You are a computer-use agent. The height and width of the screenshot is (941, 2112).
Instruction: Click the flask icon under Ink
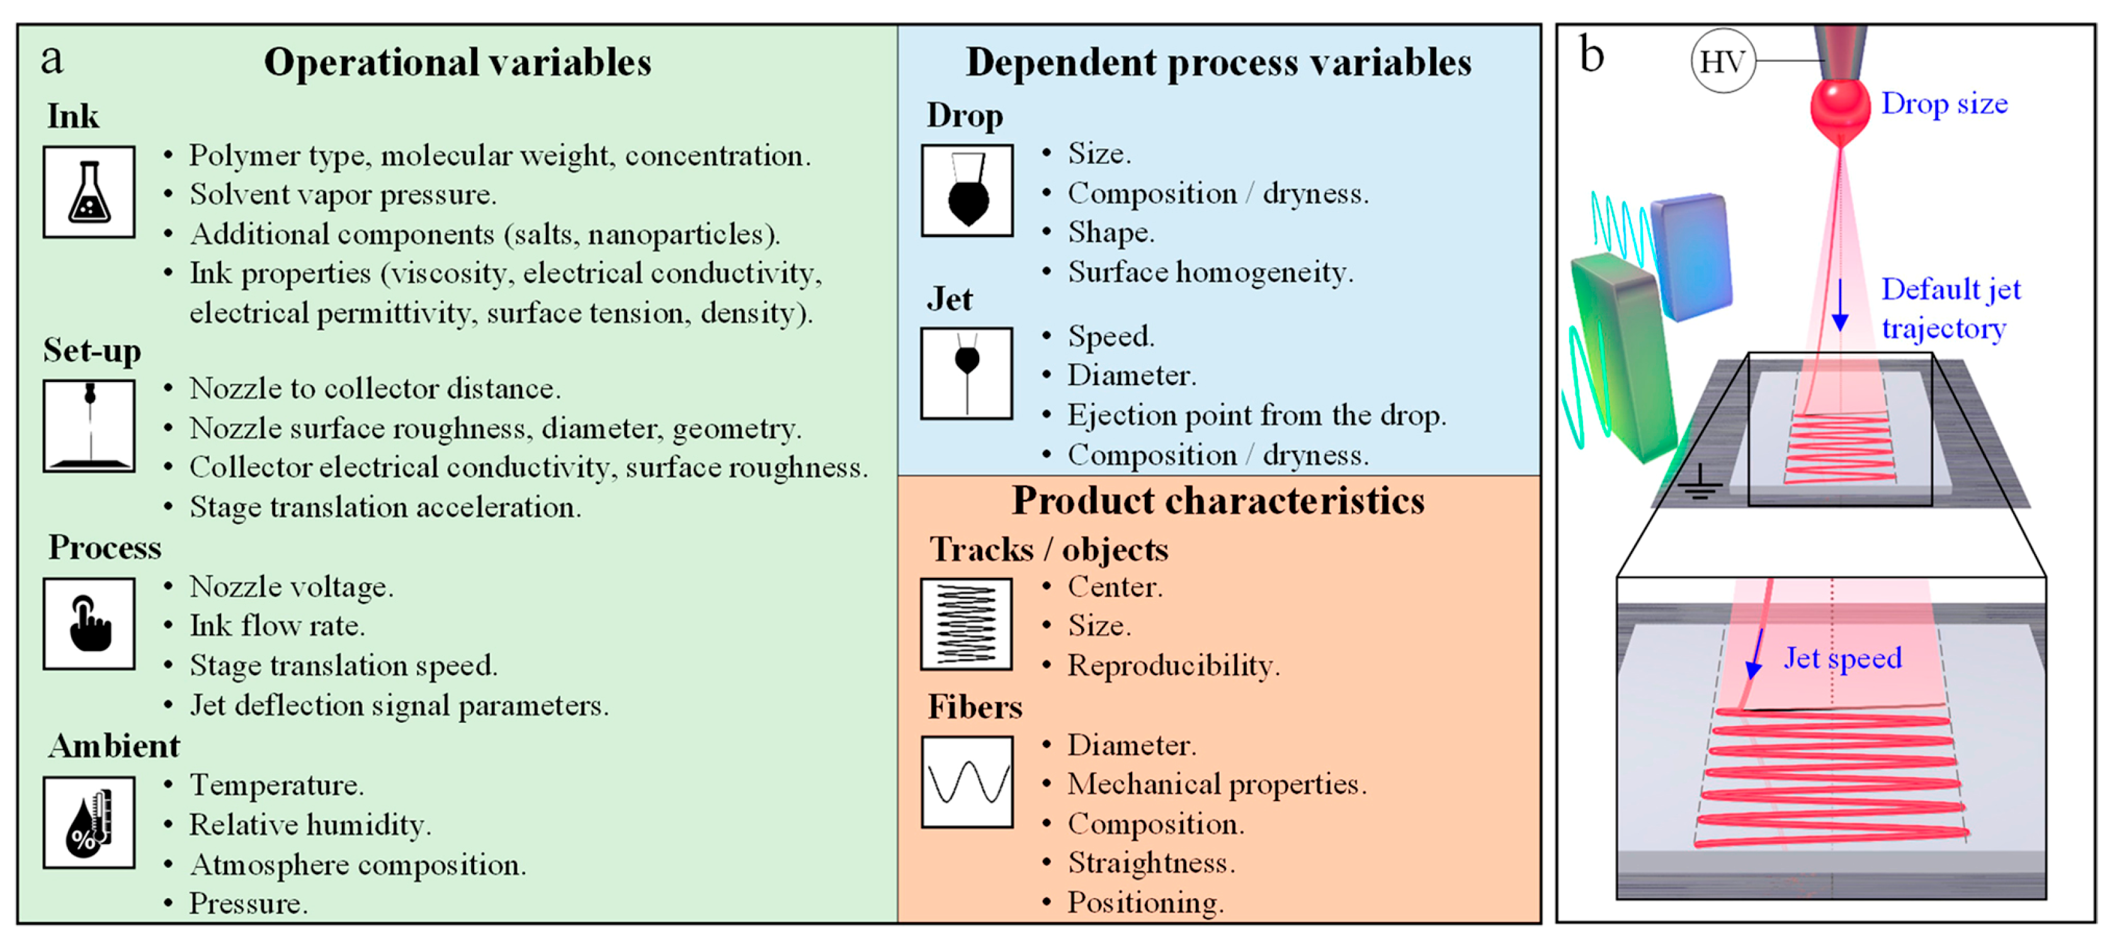(x=89, y=193)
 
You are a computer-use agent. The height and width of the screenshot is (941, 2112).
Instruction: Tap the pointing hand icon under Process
(x=89, y=623)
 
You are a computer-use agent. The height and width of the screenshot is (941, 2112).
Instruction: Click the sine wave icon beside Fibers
(x=967, y=781)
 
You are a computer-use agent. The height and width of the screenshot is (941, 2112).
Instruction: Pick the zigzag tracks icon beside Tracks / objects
(x=966, y=623)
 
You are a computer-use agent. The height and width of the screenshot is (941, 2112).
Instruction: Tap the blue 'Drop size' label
(x=1943, y=104)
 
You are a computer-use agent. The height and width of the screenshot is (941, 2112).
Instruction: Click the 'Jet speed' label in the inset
(x=1842, y=658)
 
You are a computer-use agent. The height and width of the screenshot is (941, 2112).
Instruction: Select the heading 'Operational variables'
(x=458, y=62)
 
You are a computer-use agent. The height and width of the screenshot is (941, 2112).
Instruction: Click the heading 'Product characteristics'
(x=1218, y=500)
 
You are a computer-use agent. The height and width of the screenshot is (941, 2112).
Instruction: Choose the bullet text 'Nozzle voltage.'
(x=291, y=587)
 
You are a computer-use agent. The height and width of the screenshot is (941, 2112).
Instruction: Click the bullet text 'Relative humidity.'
(x=310, y=824)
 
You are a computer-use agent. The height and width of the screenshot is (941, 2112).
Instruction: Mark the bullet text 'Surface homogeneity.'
(x=1210, y=272)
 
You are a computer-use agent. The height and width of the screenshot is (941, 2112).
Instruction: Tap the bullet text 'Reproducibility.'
(x=1173, y=666)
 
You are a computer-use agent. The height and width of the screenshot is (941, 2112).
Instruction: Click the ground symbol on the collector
(x=1700, y=484)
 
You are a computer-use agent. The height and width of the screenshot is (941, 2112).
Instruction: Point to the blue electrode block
(x=1691, y=256)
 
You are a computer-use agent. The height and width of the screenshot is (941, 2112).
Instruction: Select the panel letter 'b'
(x=1591, y=56)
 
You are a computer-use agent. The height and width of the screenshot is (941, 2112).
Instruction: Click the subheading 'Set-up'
(x=92, y=350)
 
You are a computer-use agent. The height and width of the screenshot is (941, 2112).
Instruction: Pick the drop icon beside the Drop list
(x=967, y=191)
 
